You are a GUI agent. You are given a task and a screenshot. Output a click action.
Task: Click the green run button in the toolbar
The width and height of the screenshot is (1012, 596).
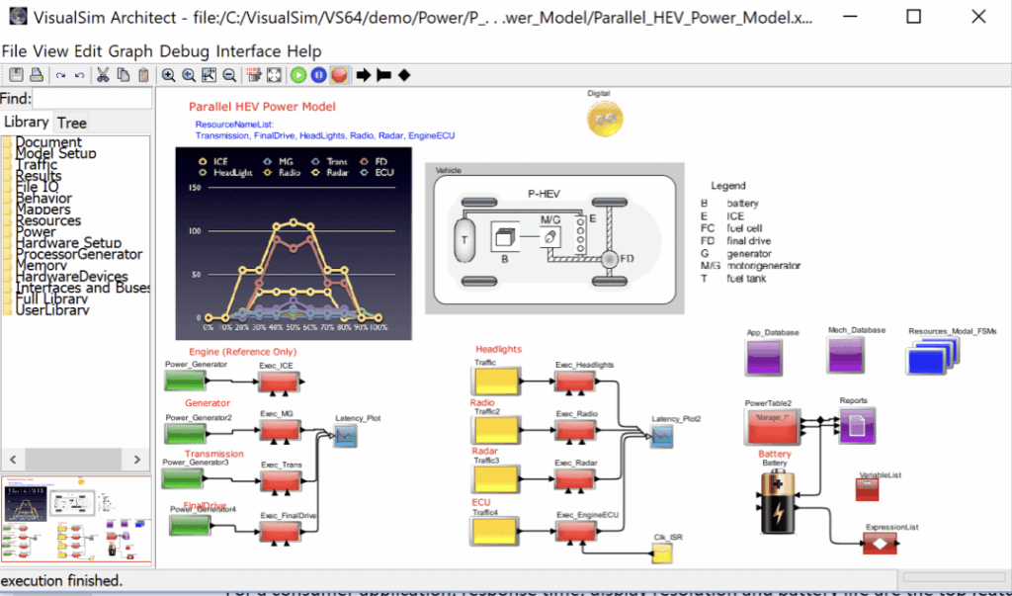click(x=298, y=75)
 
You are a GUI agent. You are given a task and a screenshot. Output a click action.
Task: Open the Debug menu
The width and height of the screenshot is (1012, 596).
click(x=185, y=51)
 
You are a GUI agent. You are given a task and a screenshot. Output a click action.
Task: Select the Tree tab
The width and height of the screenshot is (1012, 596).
click(x=71, y=123)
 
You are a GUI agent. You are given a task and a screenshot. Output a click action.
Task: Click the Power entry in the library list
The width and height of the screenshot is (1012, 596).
click(x=36, y=232)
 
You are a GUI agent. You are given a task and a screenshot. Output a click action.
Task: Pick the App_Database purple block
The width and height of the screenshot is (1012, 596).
click(x=766, y=358)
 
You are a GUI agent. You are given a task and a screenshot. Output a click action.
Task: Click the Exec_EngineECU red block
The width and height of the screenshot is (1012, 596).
click(x=573, y=530)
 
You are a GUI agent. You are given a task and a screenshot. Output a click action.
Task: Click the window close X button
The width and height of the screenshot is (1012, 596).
click(x=977, y=17)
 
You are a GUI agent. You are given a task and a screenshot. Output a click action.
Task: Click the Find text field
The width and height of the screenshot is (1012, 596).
click(x=92, y=98)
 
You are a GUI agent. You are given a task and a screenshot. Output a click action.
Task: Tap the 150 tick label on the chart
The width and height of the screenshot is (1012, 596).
click(x=195, y=189)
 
